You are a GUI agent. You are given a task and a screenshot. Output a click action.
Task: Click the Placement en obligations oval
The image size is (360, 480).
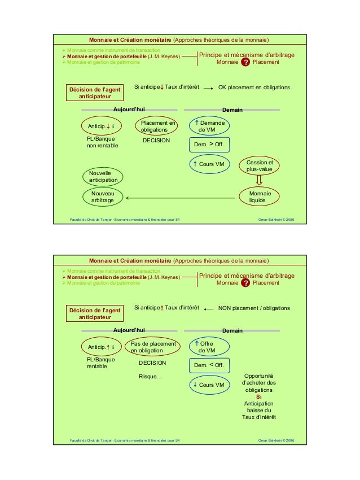[x=156, y=126]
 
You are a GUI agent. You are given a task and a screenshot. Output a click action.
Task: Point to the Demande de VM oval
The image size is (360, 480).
[x=209, y=126]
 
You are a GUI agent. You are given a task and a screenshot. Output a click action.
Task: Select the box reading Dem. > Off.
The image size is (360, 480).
[x=209, y=145]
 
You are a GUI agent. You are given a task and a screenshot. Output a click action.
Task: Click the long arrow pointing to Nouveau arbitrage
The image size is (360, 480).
[x=180, y=198]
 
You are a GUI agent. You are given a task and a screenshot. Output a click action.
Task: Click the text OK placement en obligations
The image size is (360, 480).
[x=254, y=88]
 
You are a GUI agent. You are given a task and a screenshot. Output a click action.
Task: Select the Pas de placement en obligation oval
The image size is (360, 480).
[x=152, y=347]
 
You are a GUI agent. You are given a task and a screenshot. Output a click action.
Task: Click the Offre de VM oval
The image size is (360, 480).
[x=209, y=347]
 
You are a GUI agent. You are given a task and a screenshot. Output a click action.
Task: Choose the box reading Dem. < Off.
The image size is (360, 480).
[x=209, y=365]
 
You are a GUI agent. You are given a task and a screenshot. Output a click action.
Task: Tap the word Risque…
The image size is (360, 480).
[x=150, y=376]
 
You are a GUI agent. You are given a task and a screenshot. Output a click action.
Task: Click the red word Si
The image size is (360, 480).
[x=258, y=397]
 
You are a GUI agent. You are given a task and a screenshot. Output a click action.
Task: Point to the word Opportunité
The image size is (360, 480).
[x=258, y=376]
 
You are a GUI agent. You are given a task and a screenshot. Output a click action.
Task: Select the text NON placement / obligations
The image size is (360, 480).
[x=254, y=308]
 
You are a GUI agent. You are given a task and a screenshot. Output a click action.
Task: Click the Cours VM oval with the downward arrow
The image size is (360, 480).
[x=209, y=385]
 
